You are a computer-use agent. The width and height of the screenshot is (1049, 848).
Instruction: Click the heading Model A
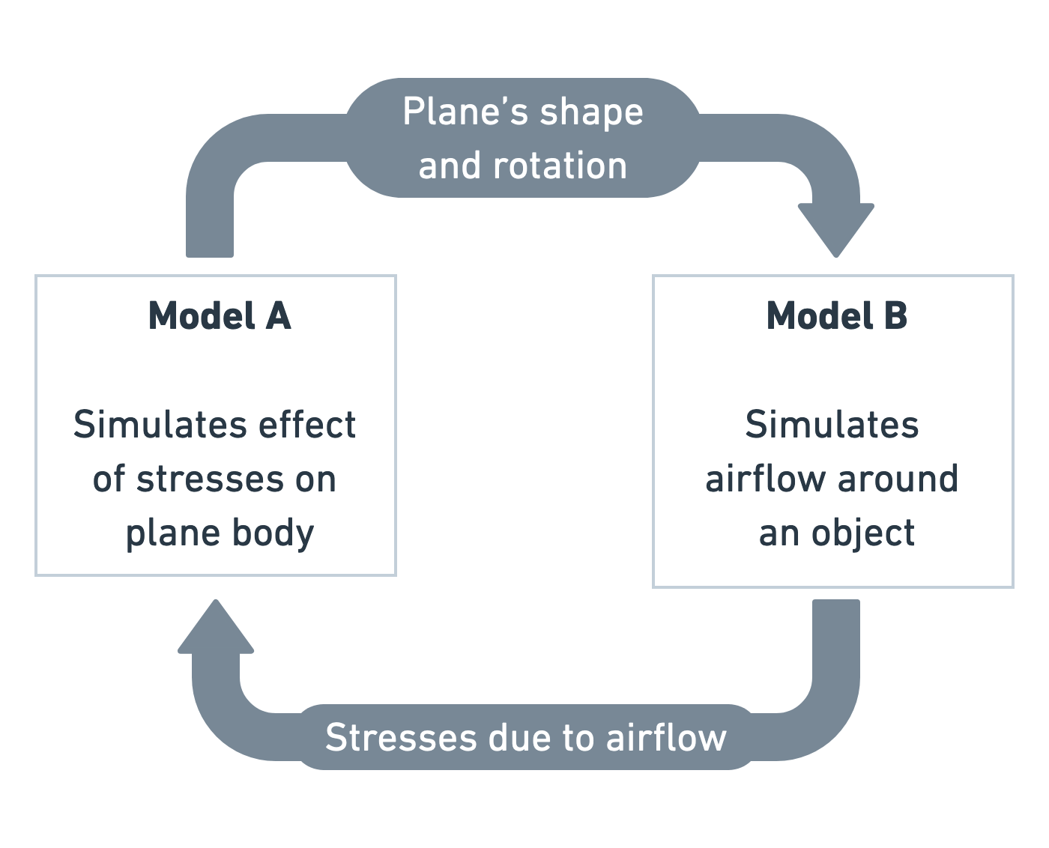(219, 315)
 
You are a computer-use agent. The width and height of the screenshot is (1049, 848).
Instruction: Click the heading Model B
(836, 315)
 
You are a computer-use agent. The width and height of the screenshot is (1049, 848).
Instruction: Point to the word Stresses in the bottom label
(401, 737)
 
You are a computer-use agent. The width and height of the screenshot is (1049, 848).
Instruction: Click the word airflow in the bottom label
(666, 737)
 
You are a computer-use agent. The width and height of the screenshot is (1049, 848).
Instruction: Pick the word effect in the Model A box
(306, 425)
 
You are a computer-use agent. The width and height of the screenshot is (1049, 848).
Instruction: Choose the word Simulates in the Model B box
(832, 425)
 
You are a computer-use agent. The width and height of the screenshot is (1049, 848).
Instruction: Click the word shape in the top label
(591, 113)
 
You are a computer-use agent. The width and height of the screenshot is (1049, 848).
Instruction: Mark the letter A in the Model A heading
(278, 315)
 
